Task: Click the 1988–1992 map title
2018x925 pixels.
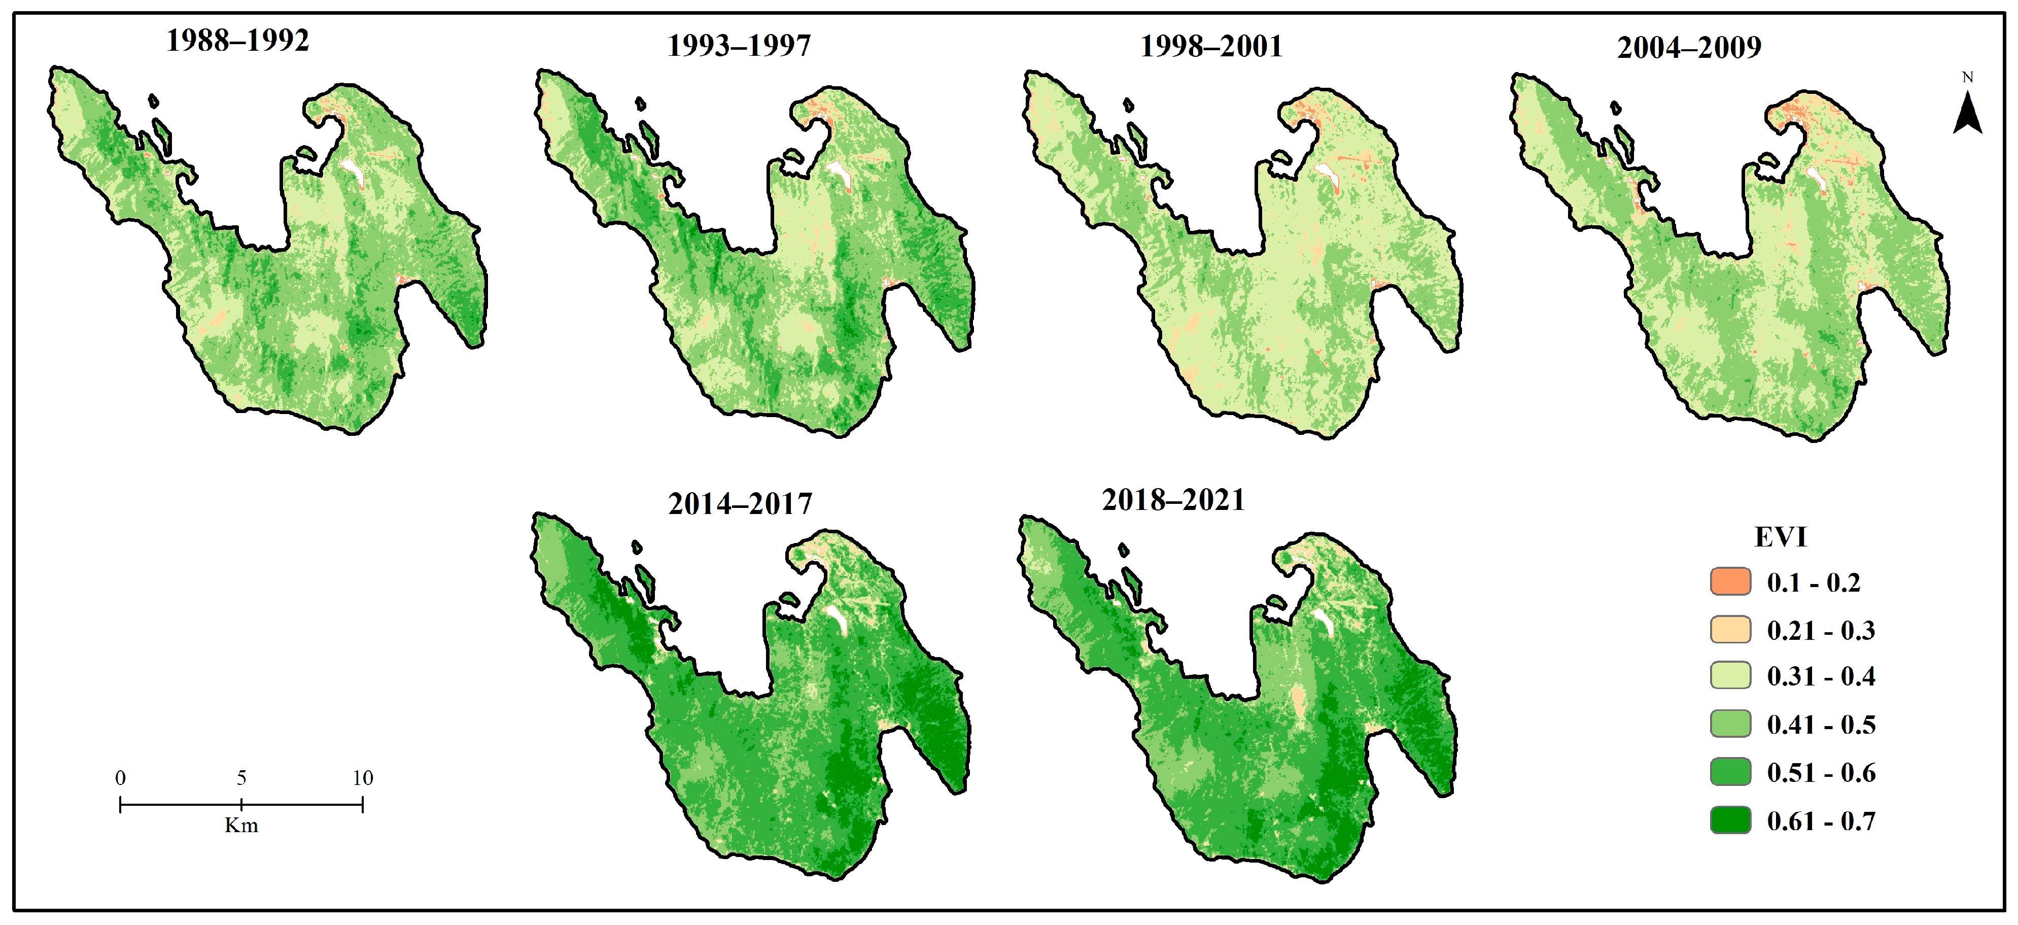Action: pos(237,41)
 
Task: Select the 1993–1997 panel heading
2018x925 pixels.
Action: pos(739,46)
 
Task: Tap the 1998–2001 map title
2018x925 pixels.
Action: pos(1211,46)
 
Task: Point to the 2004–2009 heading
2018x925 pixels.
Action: pos(1689,48)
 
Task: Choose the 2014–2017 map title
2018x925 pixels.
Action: pos(740,504)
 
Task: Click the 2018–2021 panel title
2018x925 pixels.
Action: pos(1173,500)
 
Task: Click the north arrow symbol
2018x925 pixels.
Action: pos(1967,114)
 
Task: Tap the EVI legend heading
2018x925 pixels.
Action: pos(1780,537)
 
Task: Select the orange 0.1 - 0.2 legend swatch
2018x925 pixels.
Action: pos(1730,582)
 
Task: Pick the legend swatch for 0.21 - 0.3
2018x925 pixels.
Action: pos(1730,630)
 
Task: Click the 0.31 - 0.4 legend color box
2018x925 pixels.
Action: pos(1730,676)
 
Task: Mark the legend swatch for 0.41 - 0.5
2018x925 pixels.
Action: pos(1730,724)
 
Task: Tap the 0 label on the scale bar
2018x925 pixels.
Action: pos(120,778)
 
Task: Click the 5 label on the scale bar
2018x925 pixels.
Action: pos(241,778)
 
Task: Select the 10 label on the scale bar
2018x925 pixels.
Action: pos(362,778)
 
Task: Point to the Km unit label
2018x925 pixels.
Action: pos(241,826)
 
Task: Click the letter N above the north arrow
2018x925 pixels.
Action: pos(1967,78)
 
